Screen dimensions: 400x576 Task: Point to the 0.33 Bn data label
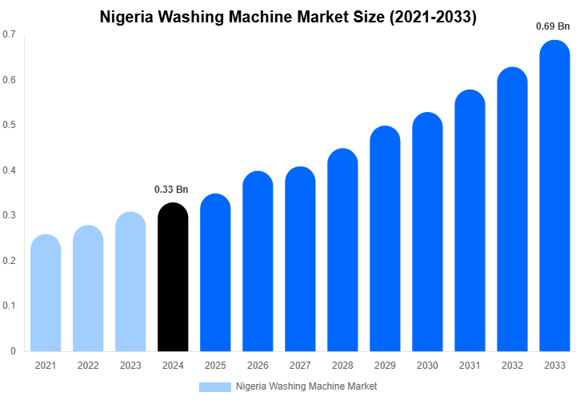point(171,190)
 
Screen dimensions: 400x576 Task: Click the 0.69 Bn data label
point(553,26)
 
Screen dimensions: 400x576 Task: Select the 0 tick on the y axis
point(14,351)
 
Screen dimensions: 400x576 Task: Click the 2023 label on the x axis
point(130,366)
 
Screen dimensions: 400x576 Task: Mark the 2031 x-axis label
point(470,366)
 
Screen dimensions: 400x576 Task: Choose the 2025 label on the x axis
point(215,366)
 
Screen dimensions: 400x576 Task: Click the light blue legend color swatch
point(214,386)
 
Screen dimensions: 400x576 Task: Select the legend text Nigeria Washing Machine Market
point(306,386)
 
